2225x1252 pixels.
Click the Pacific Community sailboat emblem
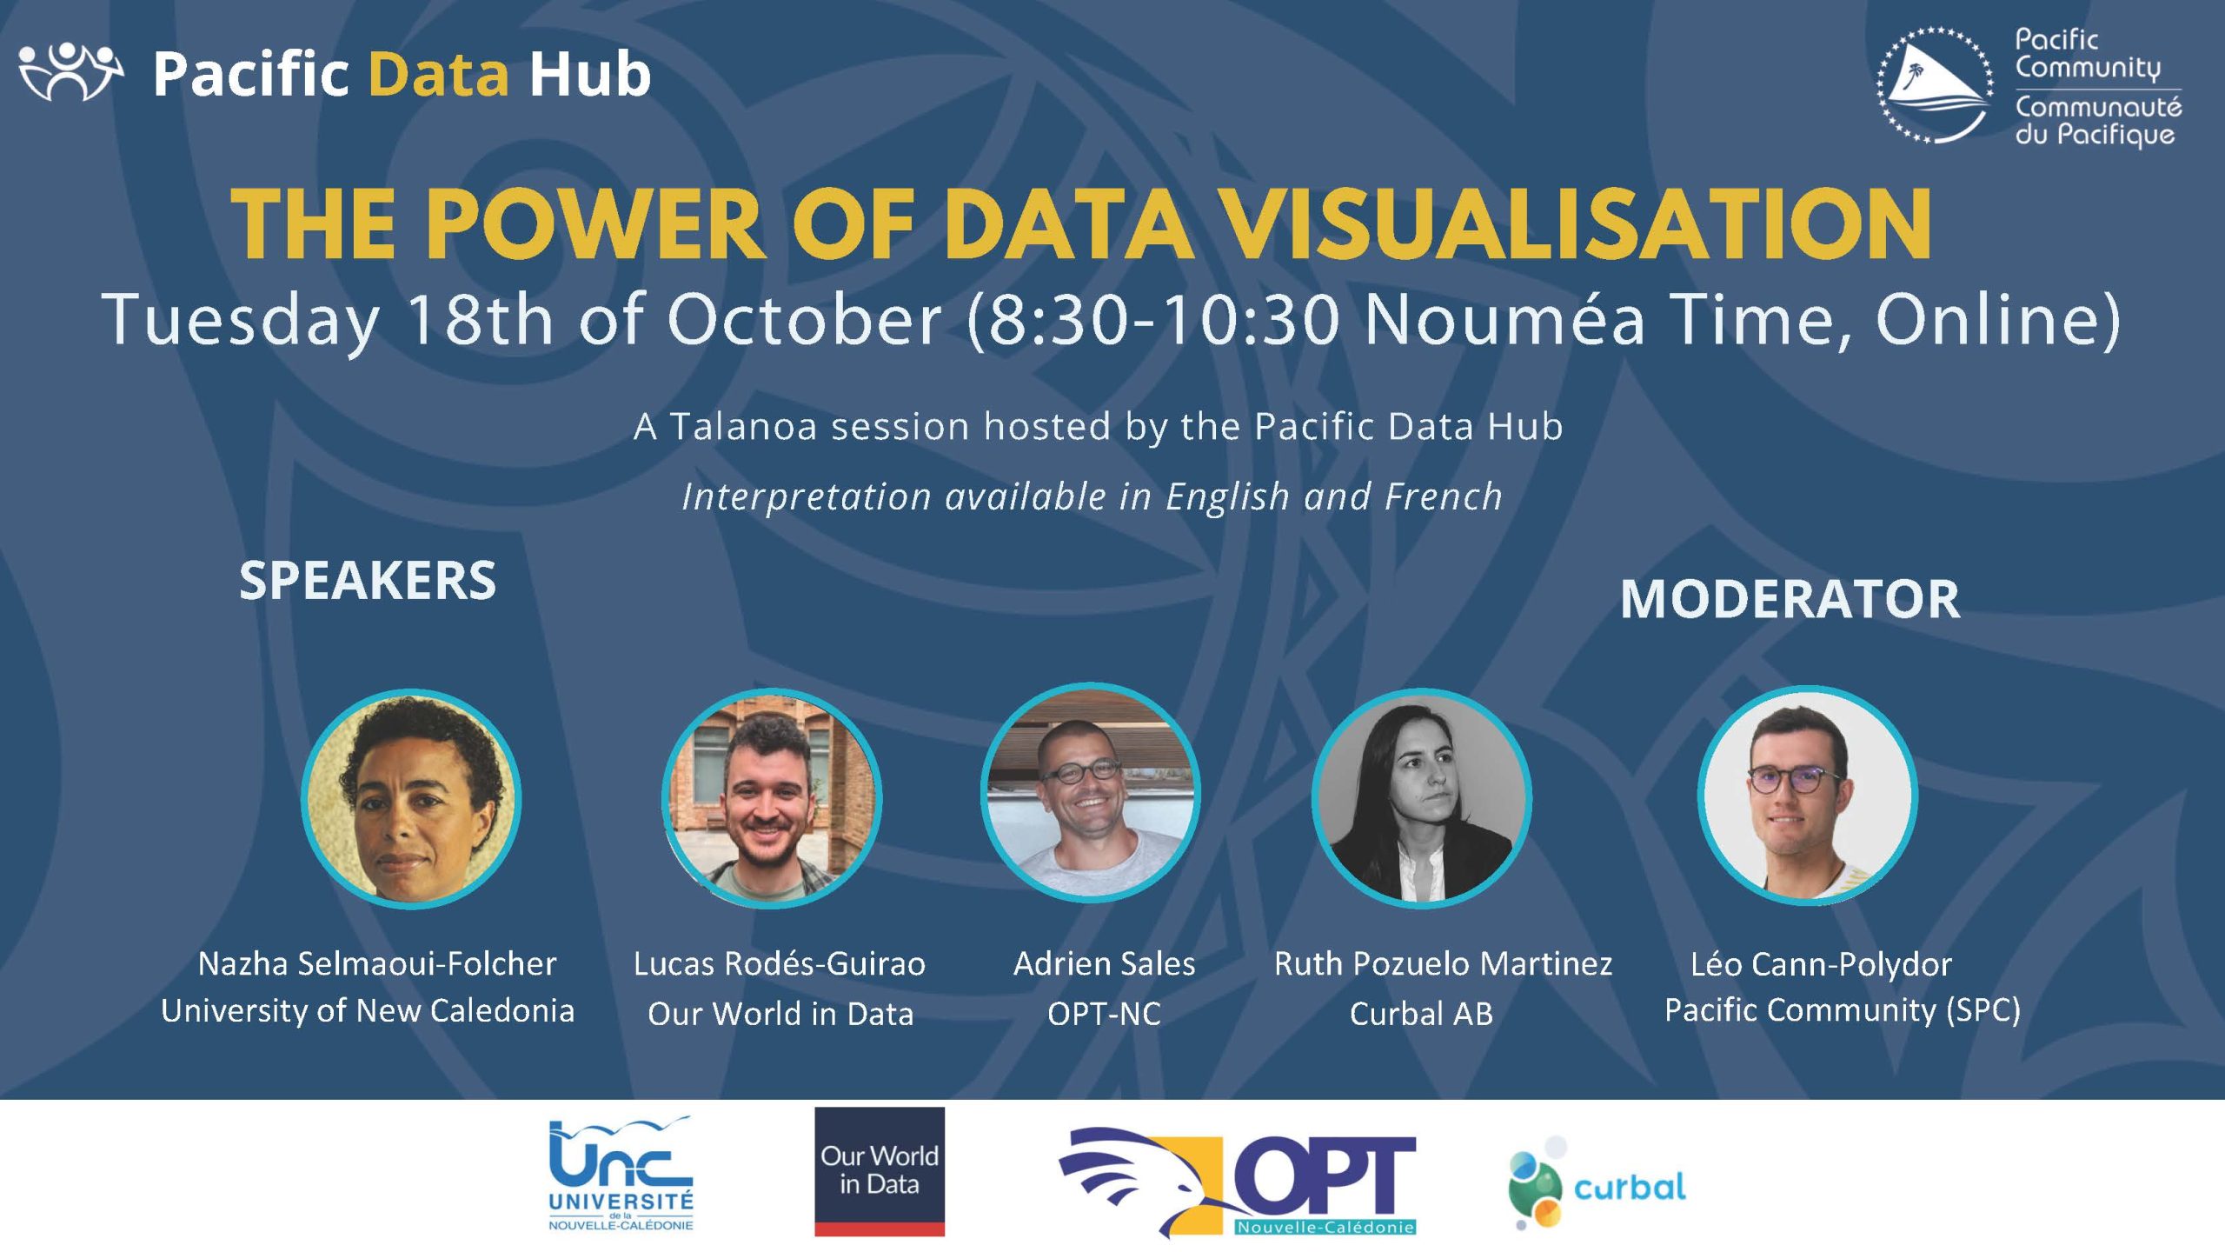pos(1936,85)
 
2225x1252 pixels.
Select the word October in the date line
pos(804,319)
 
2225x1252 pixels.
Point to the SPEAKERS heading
pos(368,581)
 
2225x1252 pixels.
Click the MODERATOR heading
pos(1790,599)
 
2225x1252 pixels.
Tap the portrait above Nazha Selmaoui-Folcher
pos(411,799)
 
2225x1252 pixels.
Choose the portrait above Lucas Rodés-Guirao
pos(772,798)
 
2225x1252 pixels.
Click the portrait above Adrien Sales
pos(1091,793)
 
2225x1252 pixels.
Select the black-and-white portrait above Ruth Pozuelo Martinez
pos(1422,798)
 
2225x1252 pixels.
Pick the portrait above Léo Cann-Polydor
pos(1808,796)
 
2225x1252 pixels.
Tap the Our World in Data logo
pos(880,1171)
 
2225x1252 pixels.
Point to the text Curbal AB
pos(1421,1014)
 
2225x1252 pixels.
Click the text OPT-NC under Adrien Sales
pos(1104,1014)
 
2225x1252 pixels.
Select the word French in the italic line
pos(1444,496)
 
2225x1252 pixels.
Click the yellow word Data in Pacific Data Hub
pos(439,74)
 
